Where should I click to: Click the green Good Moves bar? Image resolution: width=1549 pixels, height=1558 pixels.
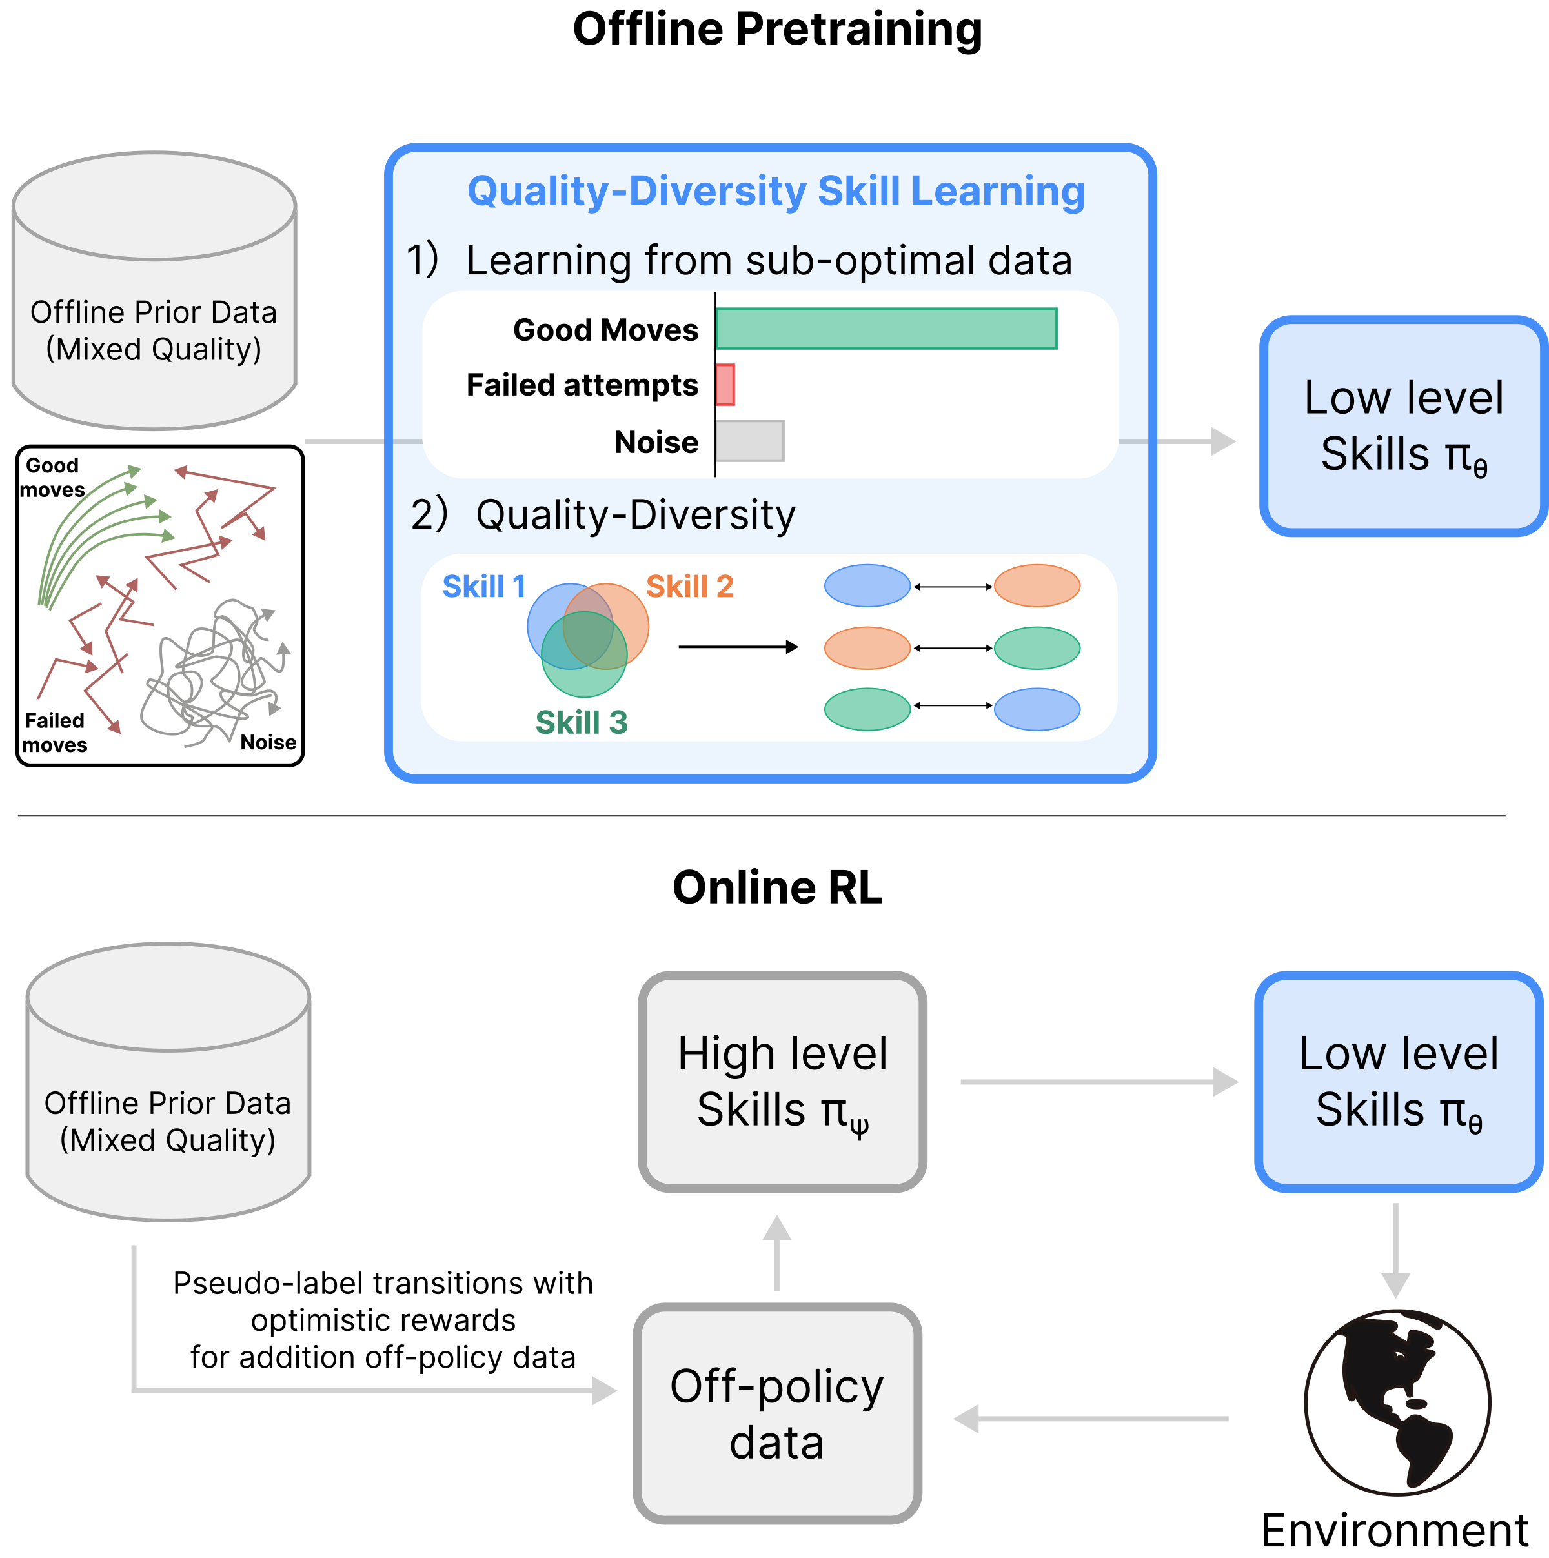tap(886, 329)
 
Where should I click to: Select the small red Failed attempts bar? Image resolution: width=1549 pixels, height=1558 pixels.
tap(725, 385)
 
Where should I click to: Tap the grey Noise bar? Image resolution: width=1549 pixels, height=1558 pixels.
tap(749, 441)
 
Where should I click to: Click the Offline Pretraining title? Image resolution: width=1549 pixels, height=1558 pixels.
tap(777, 30)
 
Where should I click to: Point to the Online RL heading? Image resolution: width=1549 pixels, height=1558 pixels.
tap(777, 888)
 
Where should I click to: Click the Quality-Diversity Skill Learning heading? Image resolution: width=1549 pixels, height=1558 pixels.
tap(776, 192)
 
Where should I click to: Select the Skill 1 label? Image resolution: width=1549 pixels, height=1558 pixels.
tap(484, 586)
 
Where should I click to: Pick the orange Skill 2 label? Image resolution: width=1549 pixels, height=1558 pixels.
tap(690, 586)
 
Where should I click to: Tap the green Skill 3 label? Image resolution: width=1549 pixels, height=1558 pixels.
tap(582, 723)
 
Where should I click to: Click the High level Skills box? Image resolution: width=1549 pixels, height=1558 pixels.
tap(782, 1082)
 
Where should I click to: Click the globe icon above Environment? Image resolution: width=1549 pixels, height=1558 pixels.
tap(1397, 1402)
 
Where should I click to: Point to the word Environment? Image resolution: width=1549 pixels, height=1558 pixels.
tap(1395, 1531)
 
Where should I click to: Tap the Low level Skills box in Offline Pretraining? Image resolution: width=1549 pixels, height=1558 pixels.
tap(1404, 426)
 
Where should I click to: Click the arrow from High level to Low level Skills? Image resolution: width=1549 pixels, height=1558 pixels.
tap(1099, 1082)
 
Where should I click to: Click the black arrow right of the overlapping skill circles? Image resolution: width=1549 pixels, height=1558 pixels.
tap(738, 647)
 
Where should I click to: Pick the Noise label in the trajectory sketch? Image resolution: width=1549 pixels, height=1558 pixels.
tap(268, 742)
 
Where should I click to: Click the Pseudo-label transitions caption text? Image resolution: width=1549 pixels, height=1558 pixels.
tap(383, 1320)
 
